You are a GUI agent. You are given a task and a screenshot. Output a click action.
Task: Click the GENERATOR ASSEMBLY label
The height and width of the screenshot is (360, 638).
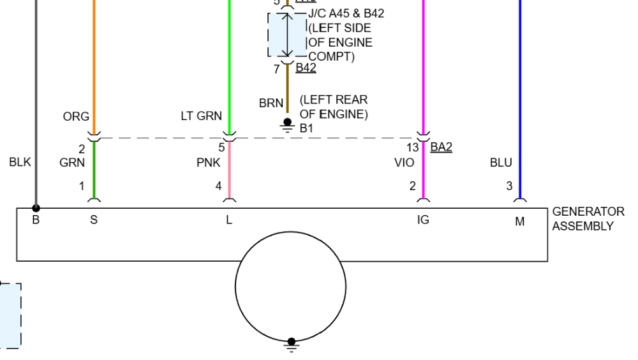click(588, 218)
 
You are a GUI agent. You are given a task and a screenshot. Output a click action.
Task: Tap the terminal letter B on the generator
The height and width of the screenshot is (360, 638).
click(36, 221)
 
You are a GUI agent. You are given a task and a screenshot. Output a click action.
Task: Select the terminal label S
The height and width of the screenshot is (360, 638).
click(94, 221)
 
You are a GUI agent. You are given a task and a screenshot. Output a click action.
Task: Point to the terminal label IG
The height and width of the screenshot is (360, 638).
click(422, 220)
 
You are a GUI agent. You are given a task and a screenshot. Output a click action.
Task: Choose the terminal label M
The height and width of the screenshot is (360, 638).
click(520, 221)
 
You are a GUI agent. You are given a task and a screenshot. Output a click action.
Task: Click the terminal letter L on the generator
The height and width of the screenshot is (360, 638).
click(229, 221)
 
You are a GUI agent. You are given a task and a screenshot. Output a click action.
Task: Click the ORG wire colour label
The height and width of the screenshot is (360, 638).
click(76, 117)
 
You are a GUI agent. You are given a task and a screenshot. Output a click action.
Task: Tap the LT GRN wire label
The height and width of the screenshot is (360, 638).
click(201, 116)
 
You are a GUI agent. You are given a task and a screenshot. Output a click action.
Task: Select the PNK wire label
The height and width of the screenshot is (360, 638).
click(209, 163)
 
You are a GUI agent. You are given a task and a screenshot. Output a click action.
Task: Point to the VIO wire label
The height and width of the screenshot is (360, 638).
click(404, 163)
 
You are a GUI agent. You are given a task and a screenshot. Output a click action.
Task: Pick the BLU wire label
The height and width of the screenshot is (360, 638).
click(501, 163)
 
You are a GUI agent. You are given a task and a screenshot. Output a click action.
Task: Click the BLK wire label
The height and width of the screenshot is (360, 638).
click(20, 162)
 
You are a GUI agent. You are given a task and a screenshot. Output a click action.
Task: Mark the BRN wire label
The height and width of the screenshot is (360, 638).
click(271, 103)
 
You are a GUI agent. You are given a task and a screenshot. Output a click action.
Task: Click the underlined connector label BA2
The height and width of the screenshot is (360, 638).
click(441, 147)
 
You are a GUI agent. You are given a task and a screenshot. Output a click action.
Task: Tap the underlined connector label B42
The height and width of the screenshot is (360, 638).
click(306, 68)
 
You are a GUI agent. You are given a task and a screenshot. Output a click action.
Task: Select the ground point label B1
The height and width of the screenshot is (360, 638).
click(306, 128)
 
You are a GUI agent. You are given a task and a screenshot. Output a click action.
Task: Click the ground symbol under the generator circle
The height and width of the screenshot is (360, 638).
click(292, 345)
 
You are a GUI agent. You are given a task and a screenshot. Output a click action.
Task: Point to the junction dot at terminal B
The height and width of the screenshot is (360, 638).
click(36, 208)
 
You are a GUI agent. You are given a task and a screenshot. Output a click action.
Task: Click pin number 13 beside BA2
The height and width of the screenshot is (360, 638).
click(413, 148)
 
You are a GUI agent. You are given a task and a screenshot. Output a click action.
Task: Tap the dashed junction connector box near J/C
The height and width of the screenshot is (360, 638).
click(287, 35)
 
